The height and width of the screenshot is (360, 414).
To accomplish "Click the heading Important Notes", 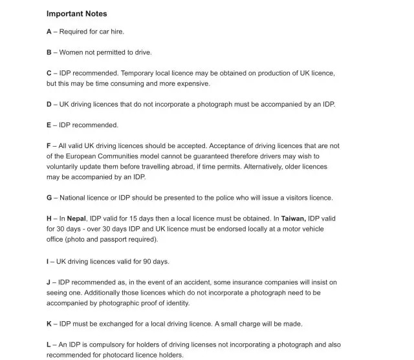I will tap(76, 14).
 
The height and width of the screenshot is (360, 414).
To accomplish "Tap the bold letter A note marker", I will tap(49, 32).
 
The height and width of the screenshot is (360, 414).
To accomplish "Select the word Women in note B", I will tap(73, 52).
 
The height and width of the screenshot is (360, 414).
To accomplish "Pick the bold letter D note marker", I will tap(49, 105).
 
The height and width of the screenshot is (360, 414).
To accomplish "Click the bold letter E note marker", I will tap(49, 125).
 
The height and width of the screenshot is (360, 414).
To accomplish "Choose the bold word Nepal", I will tap(77, 219).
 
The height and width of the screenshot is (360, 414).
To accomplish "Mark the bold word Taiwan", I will tap(293, 219).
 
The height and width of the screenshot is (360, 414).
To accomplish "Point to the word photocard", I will tap(105, 355).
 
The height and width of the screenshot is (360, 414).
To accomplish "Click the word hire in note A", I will tap(116, 32).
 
